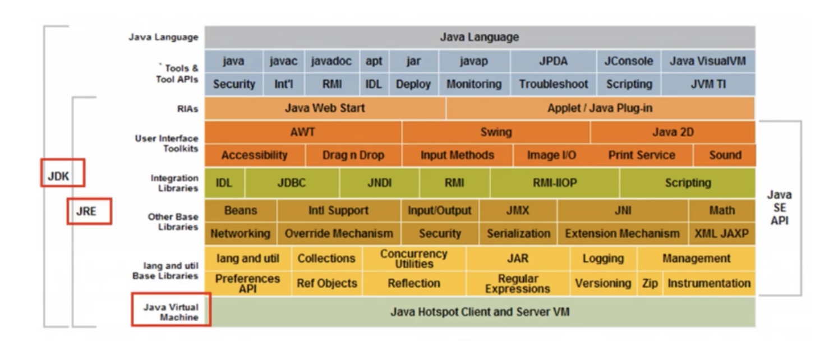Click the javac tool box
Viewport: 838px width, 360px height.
(x=284, y=61)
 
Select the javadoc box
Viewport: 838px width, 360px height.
(x=332, y=61)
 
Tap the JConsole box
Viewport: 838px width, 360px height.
(x=628, y=61)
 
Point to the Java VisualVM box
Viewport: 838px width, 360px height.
(x=708, y=61)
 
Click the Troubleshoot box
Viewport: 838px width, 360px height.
(x=553, y=84)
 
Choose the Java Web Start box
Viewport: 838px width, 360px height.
(x=325, y=108)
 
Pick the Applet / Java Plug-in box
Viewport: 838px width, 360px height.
(x=600, y=108)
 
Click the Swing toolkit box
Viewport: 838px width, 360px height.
(x=496, y=132)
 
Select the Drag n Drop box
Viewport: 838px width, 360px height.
(x=353, y=155)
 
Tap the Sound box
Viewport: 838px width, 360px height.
(x=725, y=155)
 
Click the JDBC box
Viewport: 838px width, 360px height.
(x=292, y=183)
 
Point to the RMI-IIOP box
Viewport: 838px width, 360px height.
(x=555, y=183)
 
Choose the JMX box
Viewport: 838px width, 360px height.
(x=518, y=210)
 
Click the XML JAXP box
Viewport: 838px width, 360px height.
(x=722, y=234)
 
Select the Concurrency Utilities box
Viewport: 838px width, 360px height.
(x=414, y=259)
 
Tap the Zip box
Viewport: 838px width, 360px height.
(x=650, y=283)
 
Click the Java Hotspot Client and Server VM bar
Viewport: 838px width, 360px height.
(x=480, y=312)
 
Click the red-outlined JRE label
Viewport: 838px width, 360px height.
(x=89, y=211)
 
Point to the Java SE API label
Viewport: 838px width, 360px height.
(x=780, y=208)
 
